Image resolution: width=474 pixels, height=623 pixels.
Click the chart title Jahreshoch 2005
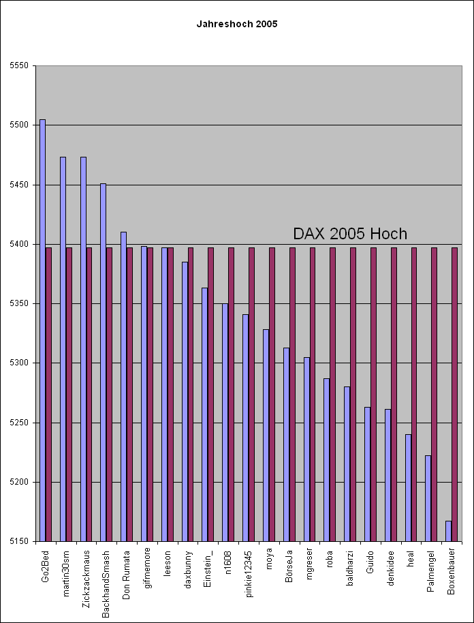237,25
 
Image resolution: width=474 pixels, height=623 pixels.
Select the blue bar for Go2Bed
42,331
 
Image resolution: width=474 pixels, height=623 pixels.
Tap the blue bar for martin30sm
63,349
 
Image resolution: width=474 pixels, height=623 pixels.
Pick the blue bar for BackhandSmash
104,363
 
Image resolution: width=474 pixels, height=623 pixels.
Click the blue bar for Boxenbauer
449,531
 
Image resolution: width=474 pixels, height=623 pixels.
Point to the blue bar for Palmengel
428,499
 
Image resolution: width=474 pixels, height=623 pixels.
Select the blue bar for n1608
225,423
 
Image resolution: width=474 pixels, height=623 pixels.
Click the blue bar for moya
266,436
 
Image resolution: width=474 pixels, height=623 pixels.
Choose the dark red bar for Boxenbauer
454,395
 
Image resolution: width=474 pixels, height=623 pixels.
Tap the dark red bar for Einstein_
211,395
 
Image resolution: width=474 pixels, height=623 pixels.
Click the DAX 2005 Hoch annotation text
350,234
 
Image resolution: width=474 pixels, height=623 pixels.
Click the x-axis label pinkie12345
249,573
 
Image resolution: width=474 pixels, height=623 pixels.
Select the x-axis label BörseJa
289,565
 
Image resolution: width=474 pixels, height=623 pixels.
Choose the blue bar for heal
408,488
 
